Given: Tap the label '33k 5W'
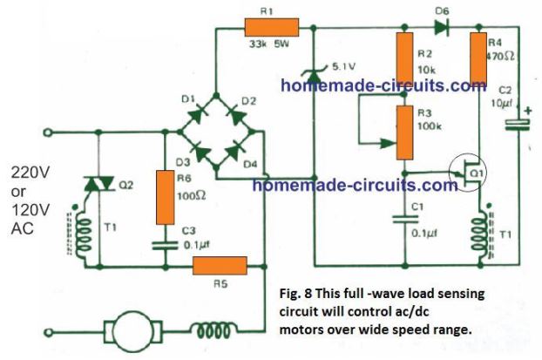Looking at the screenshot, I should (268, 45).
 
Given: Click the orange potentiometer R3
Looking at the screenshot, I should (403, 132).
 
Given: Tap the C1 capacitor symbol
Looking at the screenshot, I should (403, 218).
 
